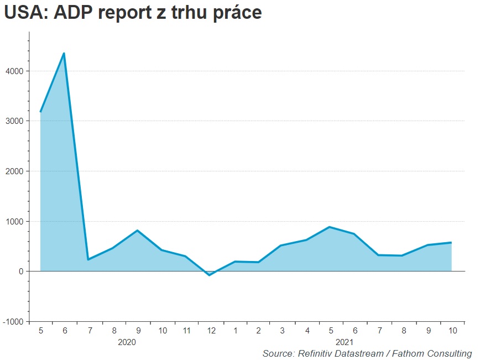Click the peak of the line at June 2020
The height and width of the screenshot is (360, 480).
point(64,54)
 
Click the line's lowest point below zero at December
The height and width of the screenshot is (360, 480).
point(210,275)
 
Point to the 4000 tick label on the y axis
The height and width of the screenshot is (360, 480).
point(14,71)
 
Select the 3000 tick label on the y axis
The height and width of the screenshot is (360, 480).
point(14,121)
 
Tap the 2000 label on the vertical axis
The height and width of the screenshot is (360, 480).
point(14,171)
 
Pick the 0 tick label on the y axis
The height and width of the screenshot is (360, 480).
point(20,272)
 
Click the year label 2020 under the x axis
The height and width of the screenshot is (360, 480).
point(127,342)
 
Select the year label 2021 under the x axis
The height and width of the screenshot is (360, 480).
point(344,342)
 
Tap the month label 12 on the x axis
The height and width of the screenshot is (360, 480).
point(211,331)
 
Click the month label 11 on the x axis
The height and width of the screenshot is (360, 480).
point(186,331)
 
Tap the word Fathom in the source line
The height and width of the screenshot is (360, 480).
point(411,353)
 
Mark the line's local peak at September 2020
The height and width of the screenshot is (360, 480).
point(138,231)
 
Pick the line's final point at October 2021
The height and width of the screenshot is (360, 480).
point(451,242)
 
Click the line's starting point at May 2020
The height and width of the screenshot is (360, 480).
point(40,112)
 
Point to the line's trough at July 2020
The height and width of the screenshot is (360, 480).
point(88,259)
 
